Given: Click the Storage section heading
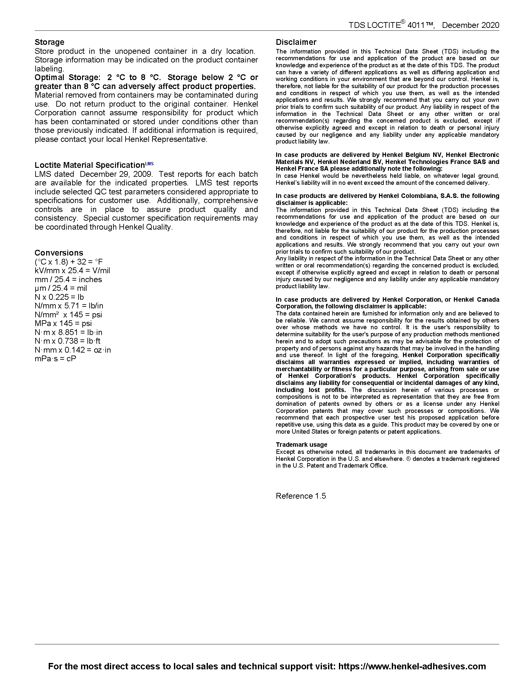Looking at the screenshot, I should click(49, 42).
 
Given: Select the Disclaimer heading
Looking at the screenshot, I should click(296, 42).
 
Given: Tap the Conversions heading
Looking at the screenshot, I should click(59, 253).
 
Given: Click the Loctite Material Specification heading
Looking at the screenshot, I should click(89, 165).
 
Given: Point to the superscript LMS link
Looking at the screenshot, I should click(149, 164).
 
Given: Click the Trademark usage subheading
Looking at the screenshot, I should click(301, 445).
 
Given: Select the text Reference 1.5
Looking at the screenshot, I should click(301, 496).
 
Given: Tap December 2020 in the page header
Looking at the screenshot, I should click(470, 25).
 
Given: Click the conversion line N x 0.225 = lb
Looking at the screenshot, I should click(59, 297).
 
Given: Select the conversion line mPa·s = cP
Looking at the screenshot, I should click(55, 359).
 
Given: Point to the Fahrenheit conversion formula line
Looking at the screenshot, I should click(69, 262).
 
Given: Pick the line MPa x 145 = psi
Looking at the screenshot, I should click(63, 323).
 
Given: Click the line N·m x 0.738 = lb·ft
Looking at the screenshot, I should click(68, 341).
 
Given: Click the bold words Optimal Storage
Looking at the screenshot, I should click(66, 78).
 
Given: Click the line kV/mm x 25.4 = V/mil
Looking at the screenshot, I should click(72, 271).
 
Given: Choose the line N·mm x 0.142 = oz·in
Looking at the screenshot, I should click(73, 350).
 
